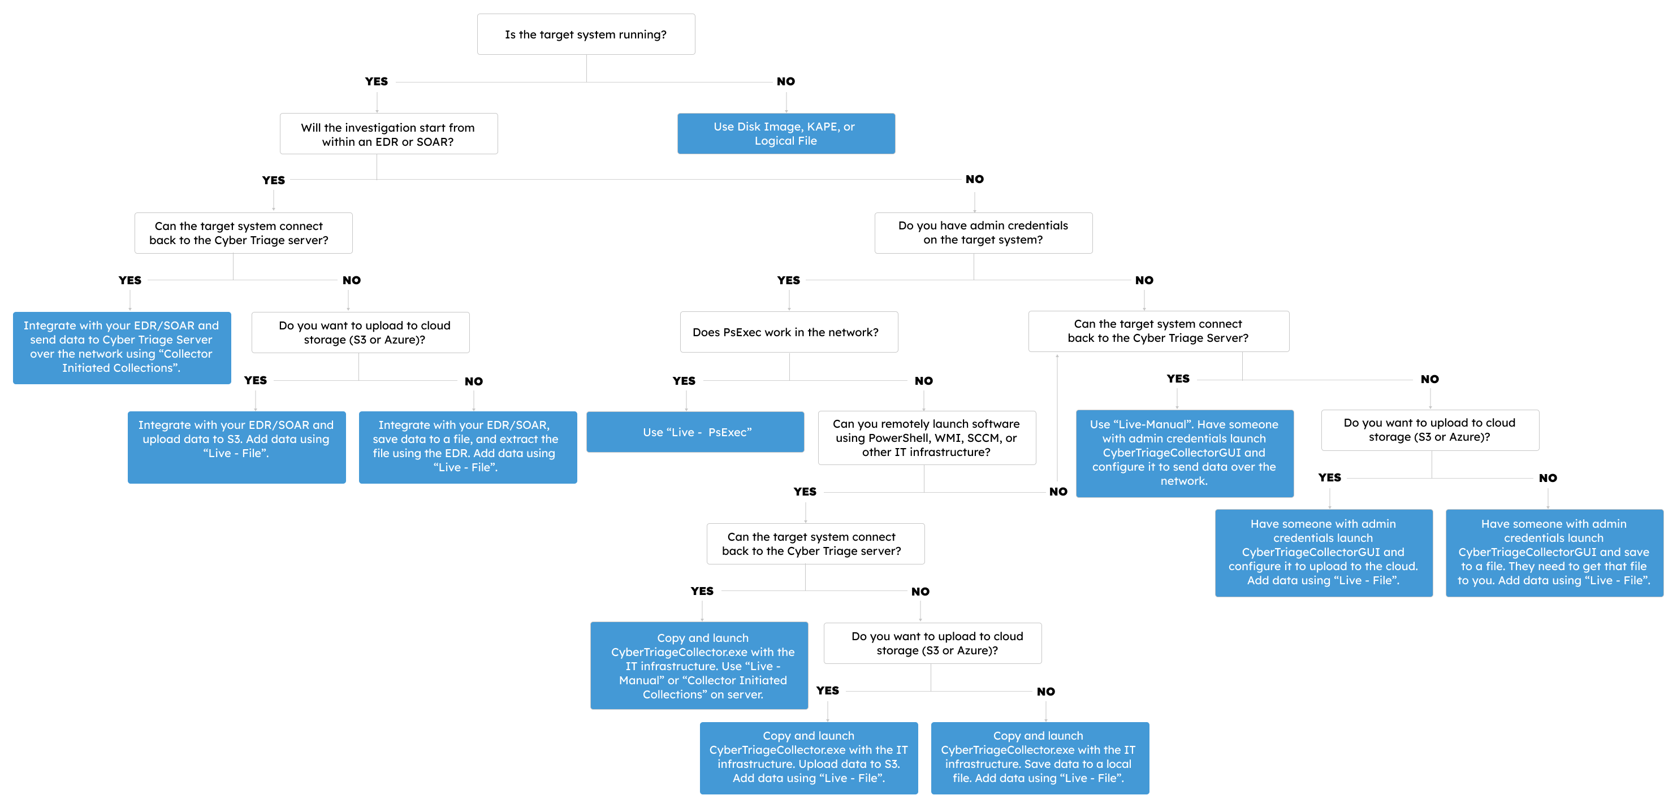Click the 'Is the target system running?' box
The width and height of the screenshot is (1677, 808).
tap(586, 34)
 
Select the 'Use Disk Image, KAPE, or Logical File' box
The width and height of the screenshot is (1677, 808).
tap(786, 133)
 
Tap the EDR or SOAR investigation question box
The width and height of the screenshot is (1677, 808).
tap(388, 134)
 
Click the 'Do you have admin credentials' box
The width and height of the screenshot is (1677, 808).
tap(983, 233)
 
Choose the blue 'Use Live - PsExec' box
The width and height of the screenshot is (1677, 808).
tap(695, 432)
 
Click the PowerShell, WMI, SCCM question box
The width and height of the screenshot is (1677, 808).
tap(926, 438)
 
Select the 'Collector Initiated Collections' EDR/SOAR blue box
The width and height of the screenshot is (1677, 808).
tap(122, 347)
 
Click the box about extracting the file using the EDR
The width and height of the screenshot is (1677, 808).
tap(468, 447)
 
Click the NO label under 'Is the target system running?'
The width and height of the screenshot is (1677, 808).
tap(786, 82)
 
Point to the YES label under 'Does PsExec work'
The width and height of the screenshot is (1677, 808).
tap(684, 381)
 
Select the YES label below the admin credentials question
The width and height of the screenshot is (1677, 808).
tap(788, 280)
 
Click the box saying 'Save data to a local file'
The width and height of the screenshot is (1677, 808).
tap(1040, 758)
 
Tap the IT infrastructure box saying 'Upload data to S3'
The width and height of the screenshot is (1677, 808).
tap(809, 758)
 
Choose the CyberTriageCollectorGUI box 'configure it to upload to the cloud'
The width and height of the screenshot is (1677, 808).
tap(1324, 553)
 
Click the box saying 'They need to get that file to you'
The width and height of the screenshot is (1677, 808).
tap(1554, 553)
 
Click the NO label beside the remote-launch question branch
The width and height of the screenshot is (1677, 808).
tap(1058, 492)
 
